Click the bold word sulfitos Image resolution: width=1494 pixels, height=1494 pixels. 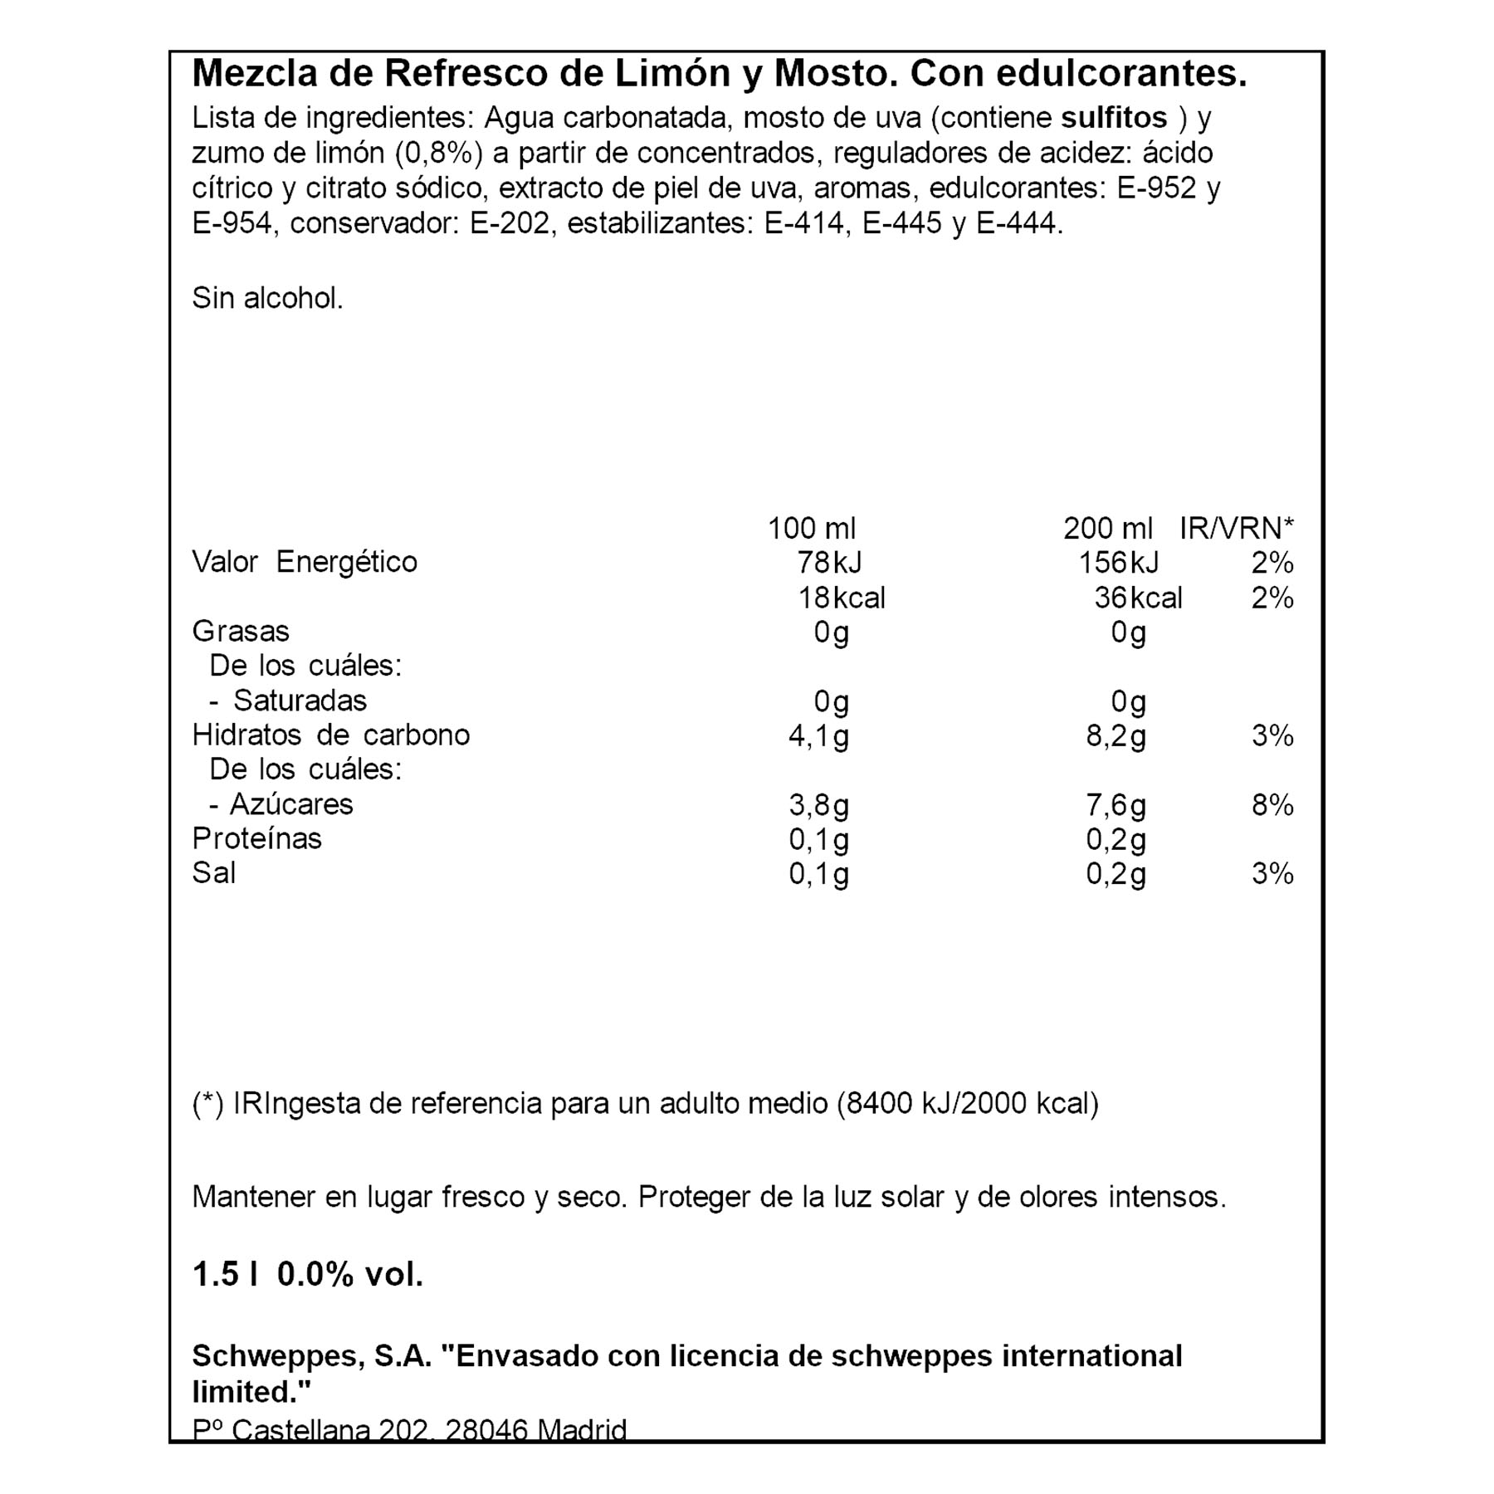[1114, 118]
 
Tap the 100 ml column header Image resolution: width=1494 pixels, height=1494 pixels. [811, 528]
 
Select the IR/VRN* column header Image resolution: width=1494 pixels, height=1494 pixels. [1236, 528]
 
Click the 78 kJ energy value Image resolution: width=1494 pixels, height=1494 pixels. [829, 563]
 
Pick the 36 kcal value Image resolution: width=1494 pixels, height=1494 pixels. [1137, 598]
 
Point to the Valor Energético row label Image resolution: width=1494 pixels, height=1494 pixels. [305, 562]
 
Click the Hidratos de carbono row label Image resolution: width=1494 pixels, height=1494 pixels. [330, 735]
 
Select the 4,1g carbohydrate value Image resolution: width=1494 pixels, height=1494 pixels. [818, 736]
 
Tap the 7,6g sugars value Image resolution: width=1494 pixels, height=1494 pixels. [1116, 805]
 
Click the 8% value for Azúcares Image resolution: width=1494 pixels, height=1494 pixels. [1272, 805]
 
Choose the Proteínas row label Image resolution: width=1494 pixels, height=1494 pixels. [256, 838]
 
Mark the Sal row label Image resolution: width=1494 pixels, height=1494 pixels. [213, 873]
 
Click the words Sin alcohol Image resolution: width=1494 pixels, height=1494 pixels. [267, 298]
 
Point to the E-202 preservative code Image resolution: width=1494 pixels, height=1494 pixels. [510, 223]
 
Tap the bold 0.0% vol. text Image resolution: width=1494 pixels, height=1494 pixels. [349, 1274]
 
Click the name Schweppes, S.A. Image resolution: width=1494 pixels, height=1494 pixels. [312, 1356]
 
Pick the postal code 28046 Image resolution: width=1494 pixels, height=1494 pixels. [486, 1429]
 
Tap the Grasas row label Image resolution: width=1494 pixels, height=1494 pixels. [241, 632]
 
